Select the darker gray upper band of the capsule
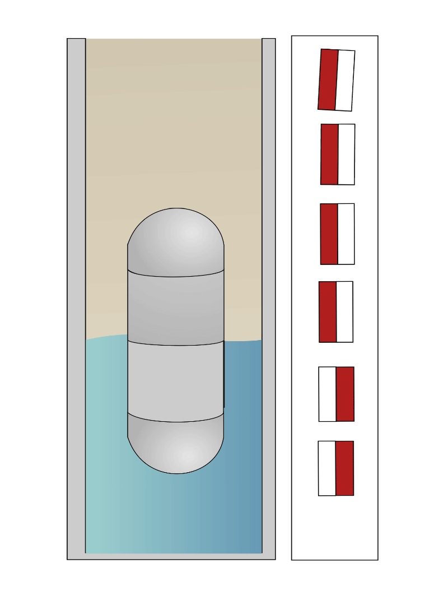(176, 308)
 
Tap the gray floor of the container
(171, 556)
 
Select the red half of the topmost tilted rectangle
(328, 79)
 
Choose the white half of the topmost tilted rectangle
(345, 81)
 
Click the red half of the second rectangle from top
(329, 154)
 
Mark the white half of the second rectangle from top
(347, 155)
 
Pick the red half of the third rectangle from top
(329, 234)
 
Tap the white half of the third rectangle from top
(346, 234)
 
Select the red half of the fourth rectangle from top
(328, 311)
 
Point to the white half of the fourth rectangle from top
(344, 311)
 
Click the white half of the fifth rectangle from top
(328, 394)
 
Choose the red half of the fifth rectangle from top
(345, 394)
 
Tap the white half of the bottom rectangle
(327, 468)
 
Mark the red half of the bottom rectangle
(344, 468)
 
